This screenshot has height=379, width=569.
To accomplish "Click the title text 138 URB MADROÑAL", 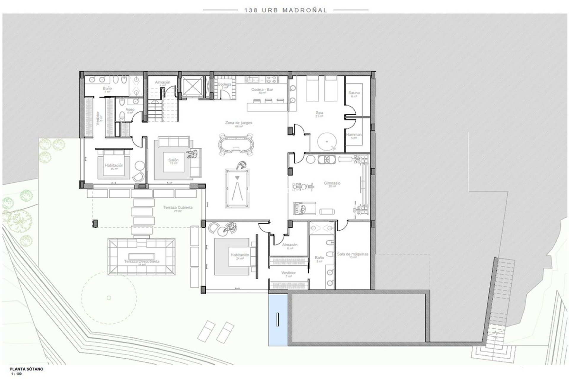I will (285, 10).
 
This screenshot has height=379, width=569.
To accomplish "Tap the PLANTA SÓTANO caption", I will (26, 369).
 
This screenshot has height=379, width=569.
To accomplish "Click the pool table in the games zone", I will (238, 188).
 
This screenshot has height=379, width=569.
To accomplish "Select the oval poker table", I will (236, 145).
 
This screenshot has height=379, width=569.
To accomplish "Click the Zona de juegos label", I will (239, 123).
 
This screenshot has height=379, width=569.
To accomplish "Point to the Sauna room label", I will (354, 93).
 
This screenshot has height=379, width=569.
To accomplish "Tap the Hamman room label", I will (354, 135).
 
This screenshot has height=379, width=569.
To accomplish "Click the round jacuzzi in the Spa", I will (327, 142).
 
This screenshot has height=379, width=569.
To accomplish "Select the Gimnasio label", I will (332, 183).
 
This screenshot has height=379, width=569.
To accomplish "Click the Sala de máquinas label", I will (353, 254).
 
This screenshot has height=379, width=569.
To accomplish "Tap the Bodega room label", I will (224, 85).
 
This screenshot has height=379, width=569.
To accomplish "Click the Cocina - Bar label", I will (262, 90).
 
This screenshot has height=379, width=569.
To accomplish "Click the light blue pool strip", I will (278, 320).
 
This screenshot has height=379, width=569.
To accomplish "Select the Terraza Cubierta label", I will (178, 208).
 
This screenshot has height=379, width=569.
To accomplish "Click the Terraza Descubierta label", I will (142, 261).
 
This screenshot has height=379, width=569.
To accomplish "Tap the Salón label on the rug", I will (173, 160).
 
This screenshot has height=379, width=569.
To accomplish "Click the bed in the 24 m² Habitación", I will (236, 256).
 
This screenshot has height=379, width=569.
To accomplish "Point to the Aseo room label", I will (130, 110).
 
